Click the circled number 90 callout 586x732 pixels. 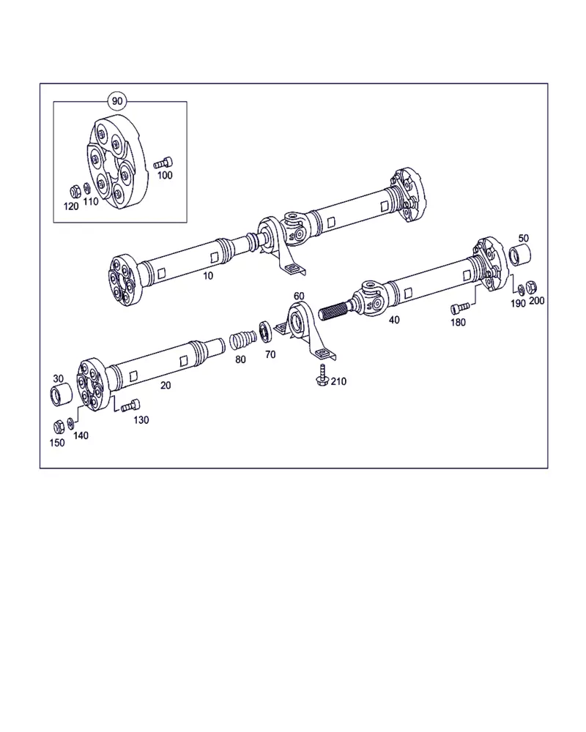[116, 101]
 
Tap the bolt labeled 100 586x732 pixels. [163, 163]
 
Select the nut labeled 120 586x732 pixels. [74, 191]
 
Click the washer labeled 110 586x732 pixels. [86, 189]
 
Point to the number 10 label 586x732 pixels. [208, 275]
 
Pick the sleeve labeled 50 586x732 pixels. [519, 255]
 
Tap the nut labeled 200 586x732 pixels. [531, 287]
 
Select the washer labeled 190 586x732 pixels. [522, 291]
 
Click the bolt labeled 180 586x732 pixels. [460, 307]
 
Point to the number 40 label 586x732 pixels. [394, 320]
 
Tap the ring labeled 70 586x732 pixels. [264, 331]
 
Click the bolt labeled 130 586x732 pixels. [131, 406]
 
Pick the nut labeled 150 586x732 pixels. [59, 427]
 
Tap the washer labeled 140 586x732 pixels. [70, 423]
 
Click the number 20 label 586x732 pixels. [166, 385]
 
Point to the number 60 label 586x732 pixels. [299, 296]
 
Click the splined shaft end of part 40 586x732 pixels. [335, 310]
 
